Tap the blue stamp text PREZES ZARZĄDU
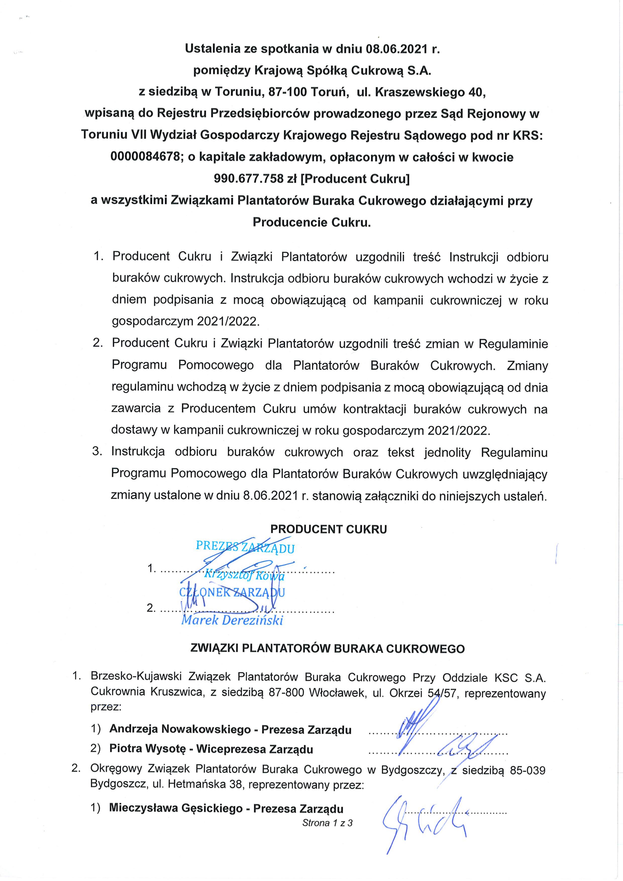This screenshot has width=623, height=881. point(245,547)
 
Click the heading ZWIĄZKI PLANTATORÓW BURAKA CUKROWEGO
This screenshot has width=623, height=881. point(327,649)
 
